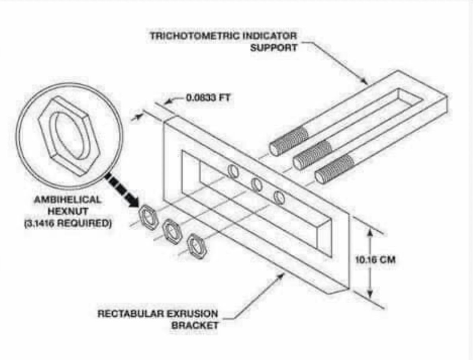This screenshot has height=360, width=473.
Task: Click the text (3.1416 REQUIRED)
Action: (x=67, y=223)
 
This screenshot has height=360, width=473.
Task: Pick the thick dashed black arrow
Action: (x=121, y=191)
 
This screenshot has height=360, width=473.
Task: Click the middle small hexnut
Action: (x=172, y=230)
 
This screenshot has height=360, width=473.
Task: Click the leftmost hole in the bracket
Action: (x=233, y=171)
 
